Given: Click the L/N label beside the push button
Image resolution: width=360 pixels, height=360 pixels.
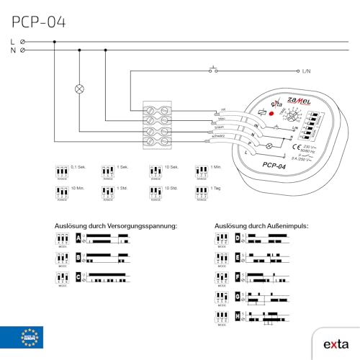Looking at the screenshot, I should pos(306,72).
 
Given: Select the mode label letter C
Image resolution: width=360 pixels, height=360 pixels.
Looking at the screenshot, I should pos(78,277).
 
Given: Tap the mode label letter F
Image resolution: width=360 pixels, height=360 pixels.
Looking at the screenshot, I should pos(238,277).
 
